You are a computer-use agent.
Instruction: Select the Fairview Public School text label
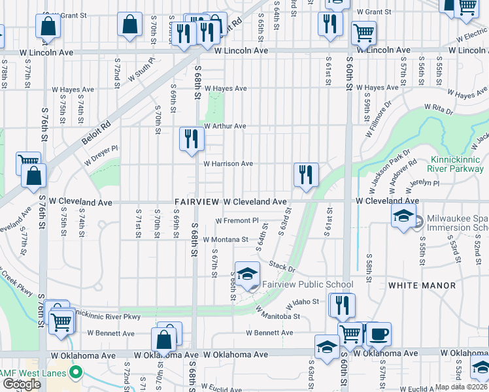coord(307,284)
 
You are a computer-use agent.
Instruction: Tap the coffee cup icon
coord(379,335)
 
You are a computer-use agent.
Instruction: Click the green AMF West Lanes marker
coord(76,374)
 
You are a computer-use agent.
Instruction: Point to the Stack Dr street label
coord(282,267)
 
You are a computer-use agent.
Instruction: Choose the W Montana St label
coord(226,240)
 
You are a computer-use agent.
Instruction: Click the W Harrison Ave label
coord(228,164)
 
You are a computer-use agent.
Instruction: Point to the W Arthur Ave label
coord(224,126)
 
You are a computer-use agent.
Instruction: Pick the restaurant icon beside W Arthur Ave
coord(192,139)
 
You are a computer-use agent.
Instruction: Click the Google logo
coord(22,384)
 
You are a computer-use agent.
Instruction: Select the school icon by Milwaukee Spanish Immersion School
coord(404,216)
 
